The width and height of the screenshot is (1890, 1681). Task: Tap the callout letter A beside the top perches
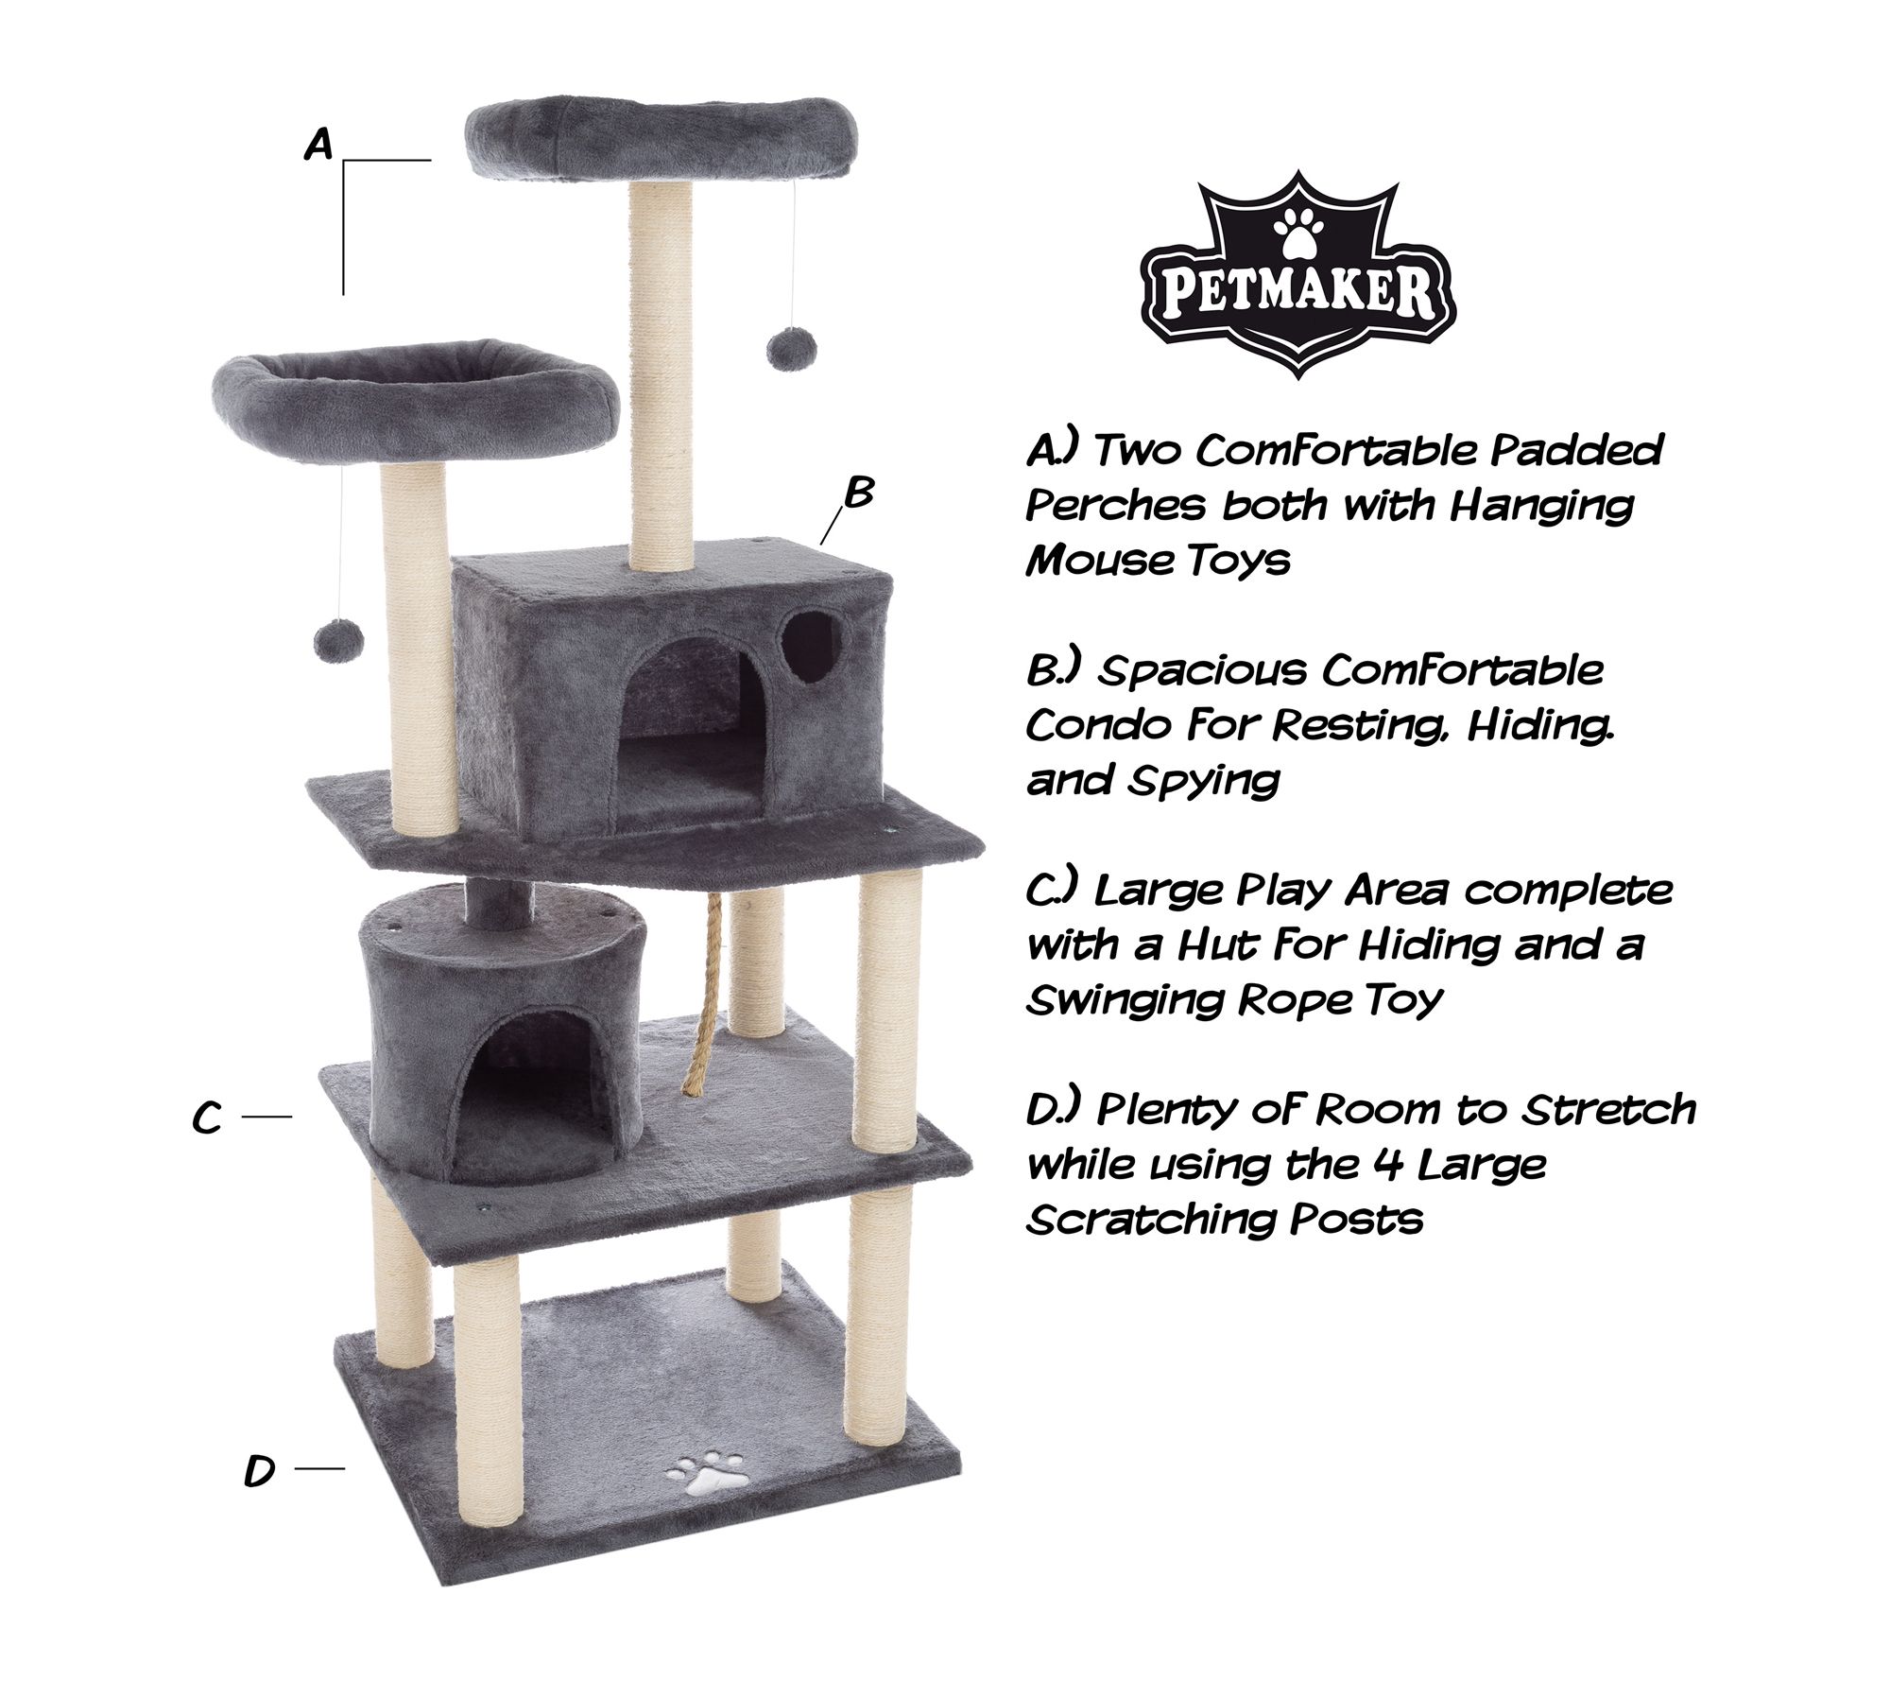point(319,146)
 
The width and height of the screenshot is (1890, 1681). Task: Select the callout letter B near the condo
point(859,492)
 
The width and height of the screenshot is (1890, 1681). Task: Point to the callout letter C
point(207,1118)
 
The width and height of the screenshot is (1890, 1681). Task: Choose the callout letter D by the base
point(259,1470)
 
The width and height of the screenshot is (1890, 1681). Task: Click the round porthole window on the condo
point(811,646)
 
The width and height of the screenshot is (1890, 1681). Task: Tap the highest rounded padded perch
point(661,139)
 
